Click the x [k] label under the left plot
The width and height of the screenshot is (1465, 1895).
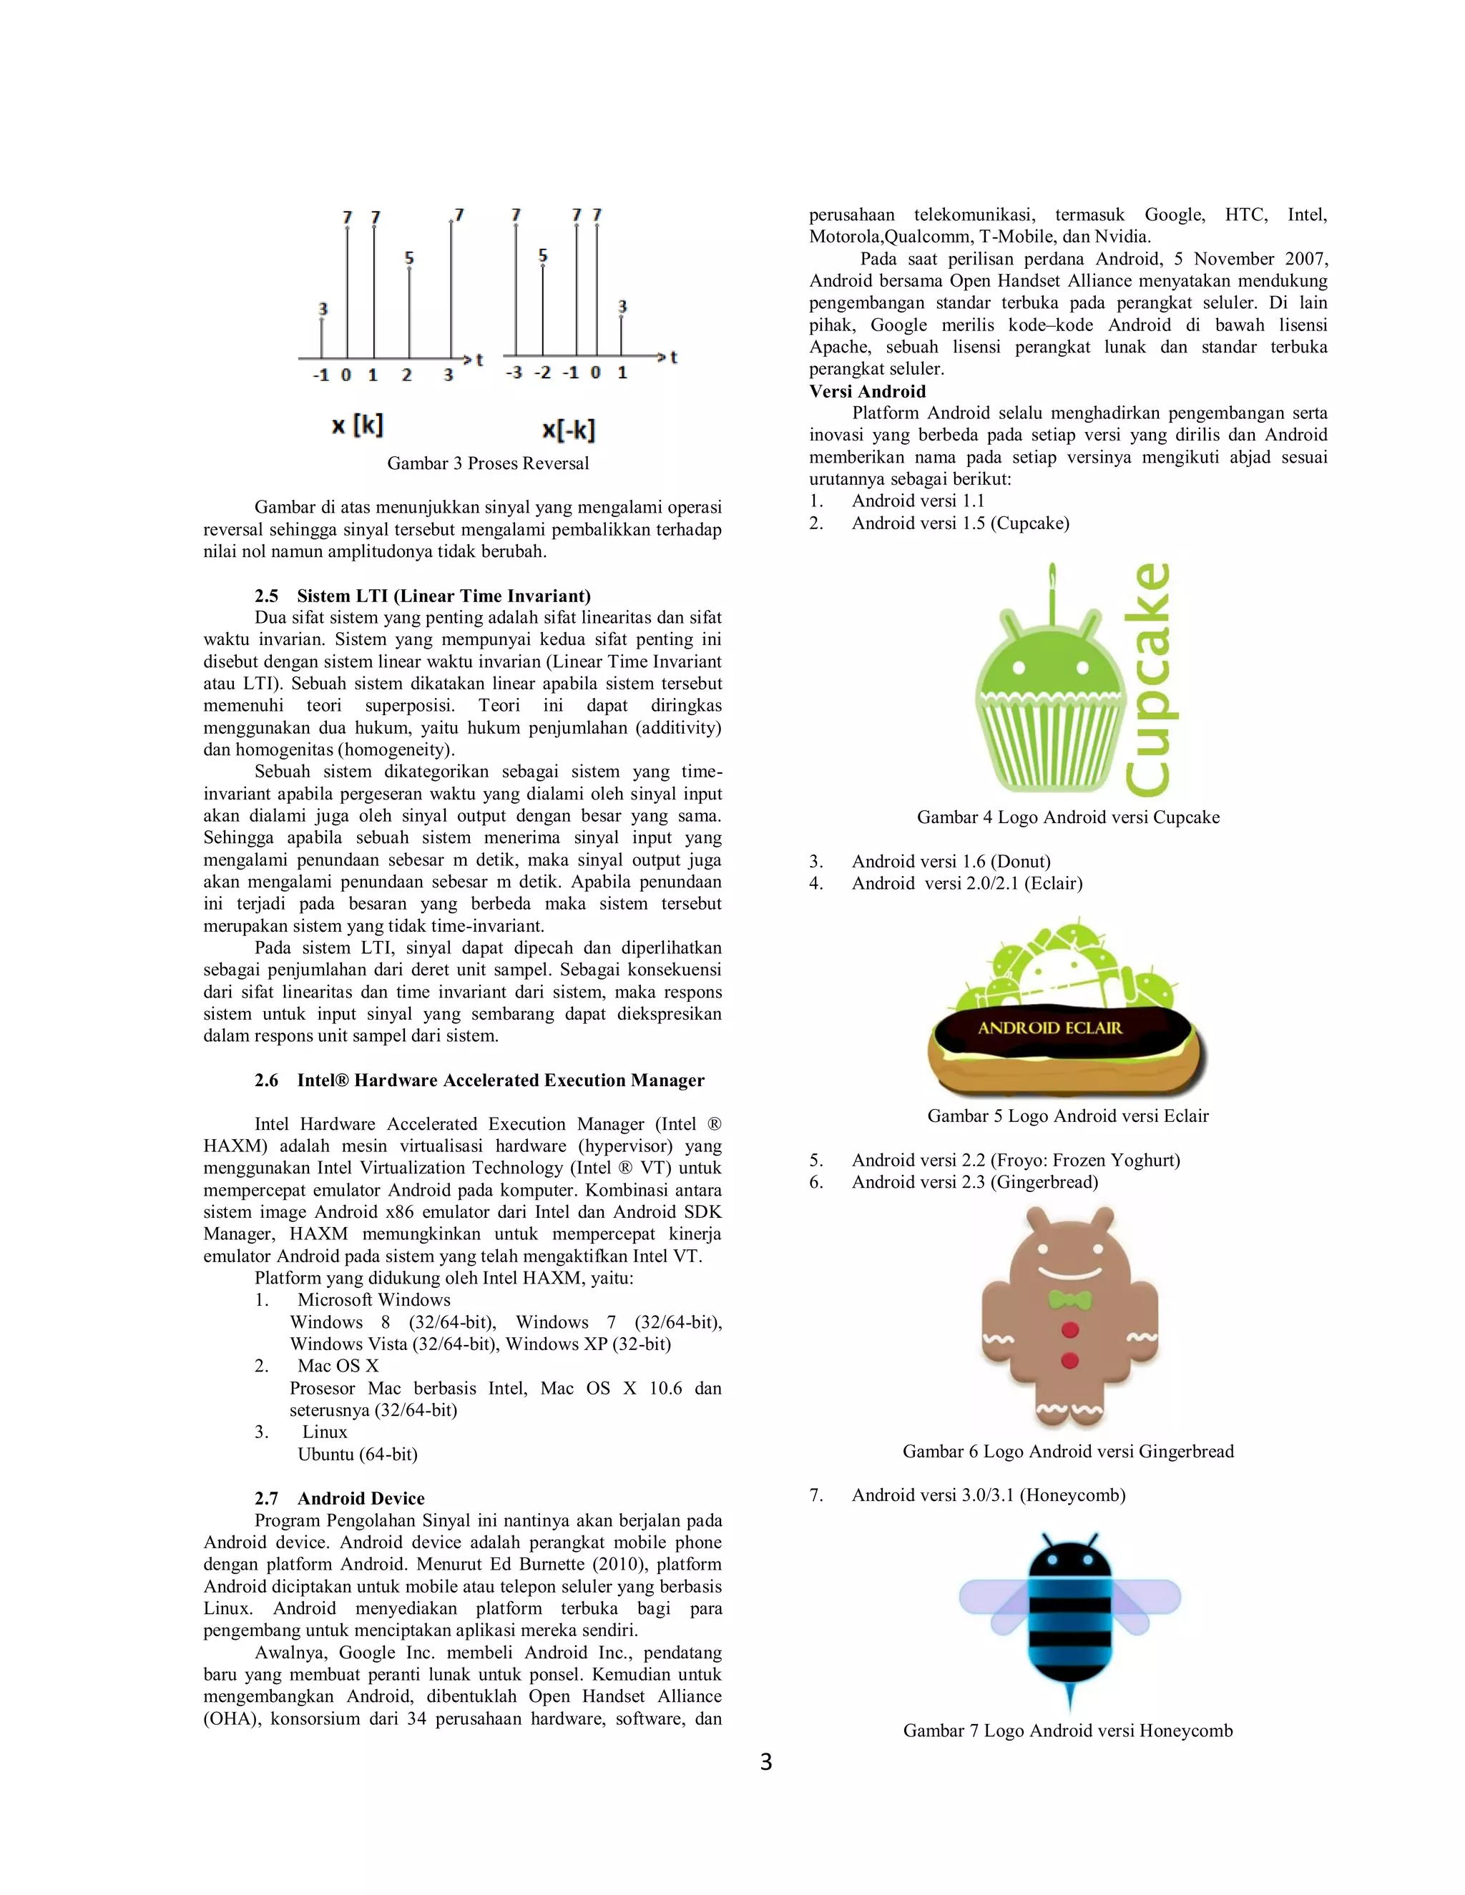pyautogui.click(x=357, y=425)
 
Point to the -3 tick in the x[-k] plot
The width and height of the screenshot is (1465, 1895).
pyautogui.click(x=514, y=373)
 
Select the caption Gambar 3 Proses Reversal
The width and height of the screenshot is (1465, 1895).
pyautogui.click(x=488, y=463)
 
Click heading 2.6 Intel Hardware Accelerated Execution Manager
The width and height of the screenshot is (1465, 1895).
pyautogui.click(x=479, y=1081)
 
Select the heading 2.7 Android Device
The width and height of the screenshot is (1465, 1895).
pyautogui.click(x=339, y=1498)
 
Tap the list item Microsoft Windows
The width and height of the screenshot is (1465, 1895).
pyautogui.click(x=373, y=1300)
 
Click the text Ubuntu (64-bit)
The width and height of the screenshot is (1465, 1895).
pyautogui.click(x=358, y=1455)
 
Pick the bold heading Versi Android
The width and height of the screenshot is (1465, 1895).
pyautogui.click(x=867, y=391)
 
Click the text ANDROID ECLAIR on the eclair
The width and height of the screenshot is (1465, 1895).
pyautogui.click(x=1049, y=1028)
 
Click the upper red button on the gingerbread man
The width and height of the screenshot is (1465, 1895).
pyautogui.click(x=1070, y=1330)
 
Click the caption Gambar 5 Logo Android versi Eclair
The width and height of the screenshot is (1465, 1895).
pyautogui.click(x=1067, y=1116)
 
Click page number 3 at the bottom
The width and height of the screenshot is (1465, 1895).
pyautogui.click(x=765, y=1762)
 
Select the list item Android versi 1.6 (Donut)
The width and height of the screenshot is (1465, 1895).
pyautogui.click(x=951, y=862)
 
